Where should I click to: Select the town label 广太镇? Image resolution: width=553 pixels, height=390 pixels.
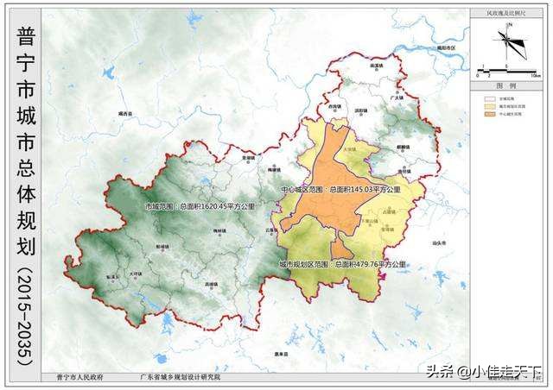click(397, 98)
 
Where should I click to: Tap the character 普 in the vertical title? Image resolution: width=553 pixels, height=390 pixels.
click(24, 37)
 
